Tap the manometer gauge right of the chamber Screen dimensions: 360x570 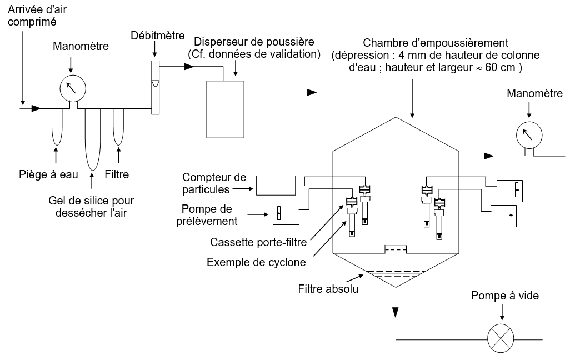(528, 135)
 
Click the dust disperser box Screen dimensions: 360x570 (225, 109)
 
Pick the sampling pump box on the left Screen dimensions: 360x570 (285, 214)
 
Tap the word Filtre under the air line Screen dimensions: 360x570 (117, 174)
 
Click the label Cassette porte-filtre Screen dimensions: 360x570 (259, 242)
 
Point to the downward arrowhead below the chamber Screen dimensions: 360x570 (395, 312)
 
